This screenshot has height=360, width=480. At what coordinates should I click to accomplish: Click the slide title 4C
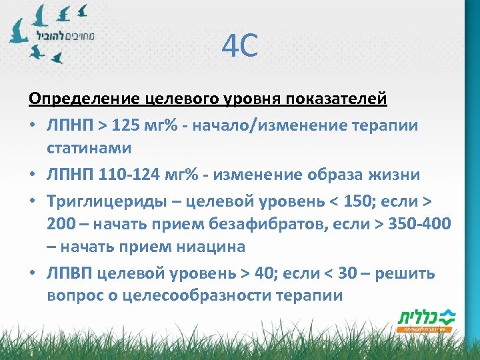click(239, 47)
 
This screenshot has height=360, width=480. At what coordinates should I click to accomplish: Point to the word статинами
click(89, 147)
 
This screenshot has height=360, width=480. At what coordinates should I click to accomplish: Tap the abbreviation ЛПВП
click(70, 273)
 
